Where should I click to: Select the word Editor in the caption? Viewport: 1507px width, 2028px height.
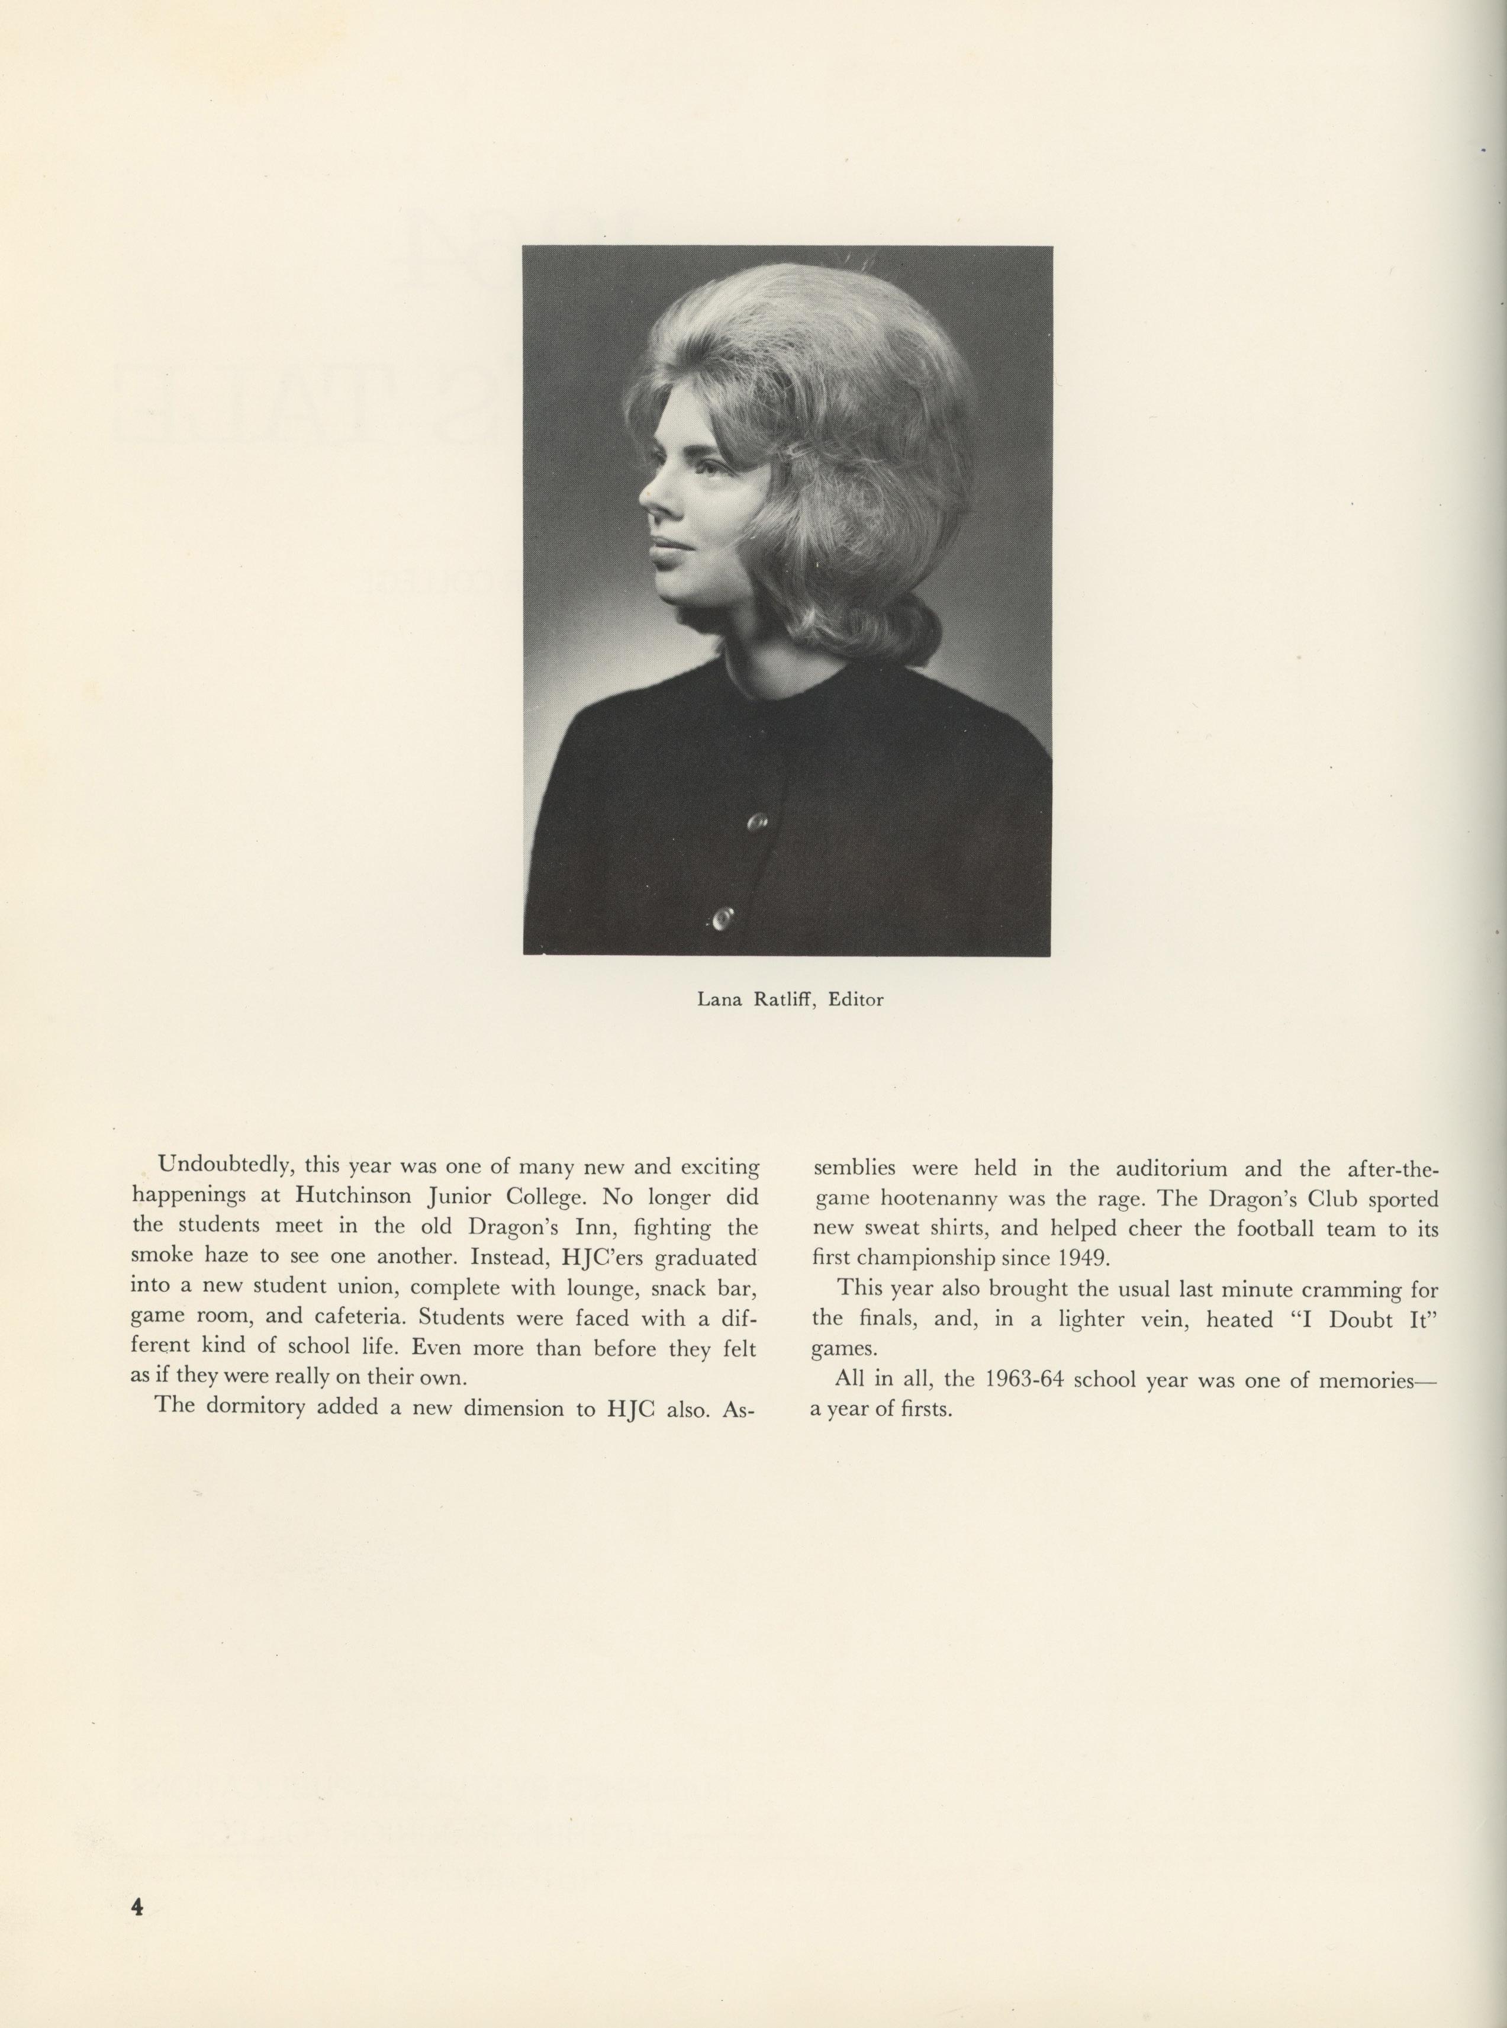click(x=856, y=1000)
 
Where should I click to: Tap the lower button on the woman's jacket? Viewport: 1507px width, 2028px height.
click(x=723, y=916)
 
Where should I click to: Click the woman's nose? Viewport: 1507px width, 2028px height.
click(x=649, y=498)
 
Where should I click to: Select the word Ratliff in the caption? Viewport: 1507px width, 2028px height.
click(x=783, y=1000)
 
